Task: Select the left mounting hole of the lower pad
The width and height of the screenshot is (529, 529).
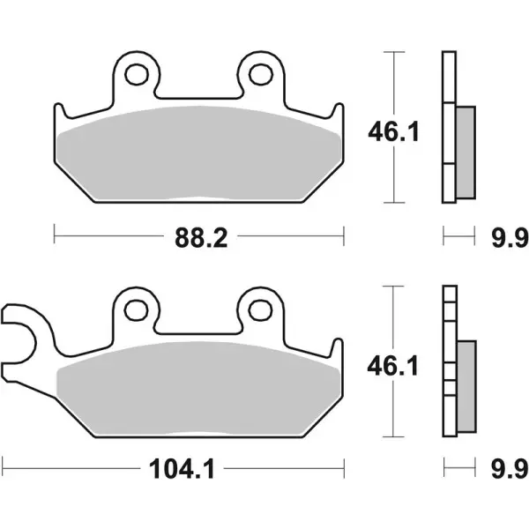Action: tap(136, 309)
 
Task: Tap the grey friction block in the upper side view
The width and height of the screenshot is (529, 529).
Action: tap(466, 150)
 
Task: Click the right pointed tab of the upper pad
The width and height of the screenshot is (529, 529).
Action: tap(338, 112)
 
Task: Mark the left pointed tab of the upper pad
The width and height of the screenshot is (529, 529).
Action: tap(59, 112)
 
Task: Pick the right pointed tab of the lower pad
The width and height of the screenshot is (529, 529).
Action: tap(338, 347)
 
